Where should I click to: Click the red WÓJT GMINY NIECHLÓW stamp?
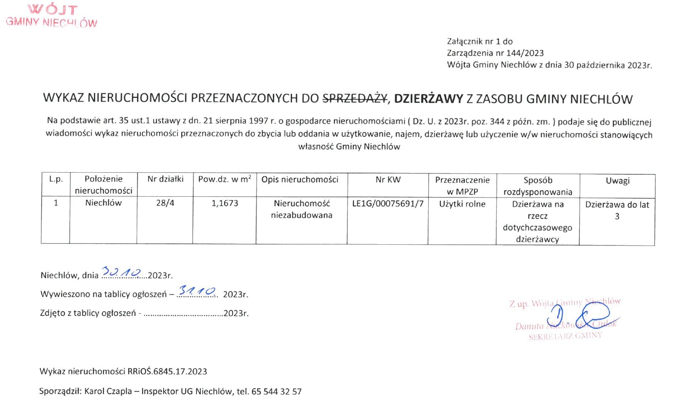[51, 16]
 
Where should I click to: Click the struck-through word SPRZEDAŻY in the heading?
[355, 99]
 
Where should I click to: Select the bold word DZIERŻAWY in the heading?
[428, 99]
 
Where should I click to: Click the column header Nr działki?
[165, 179]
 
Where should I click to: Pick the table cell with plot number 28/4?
[165, 203]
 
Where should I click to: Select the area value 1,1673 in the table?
[225, 203]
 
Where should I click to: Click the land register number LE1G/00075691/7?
[387, 204]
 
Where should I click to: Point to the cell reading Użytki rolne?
[462, 204]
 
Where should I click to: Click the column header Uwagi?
[618, 181]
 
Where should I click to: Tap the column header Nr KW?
[388, 179]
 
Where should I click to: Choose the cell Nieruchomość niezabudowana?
[302, 209]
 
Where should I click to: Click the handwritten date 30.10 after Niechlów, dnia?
[122, 273]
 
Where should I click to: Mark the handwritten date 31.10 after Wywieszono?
[197, 291]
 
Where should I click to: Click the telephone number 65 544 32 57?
[276, 392]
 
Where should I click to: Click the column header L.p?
[56, 179]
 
